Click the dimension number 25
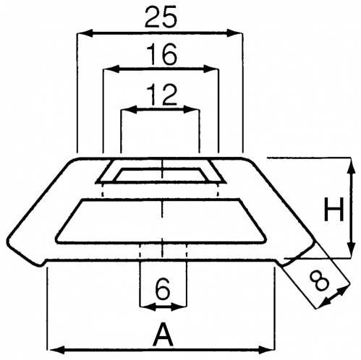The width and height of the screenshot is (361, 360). coord(161,17)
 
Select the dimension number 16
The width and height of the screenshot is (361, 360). coord(162,54)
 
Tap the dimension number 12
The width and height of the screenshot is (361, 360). coord(162,94)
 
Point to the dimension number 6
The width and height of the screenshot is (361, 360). coord(163,289)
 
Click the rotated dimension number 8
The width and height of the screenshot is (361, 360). coord(320,281)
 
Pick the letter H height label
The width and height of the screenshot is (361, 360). coord(334,209)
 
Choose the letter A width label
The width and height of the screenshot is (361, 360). coord(163,335)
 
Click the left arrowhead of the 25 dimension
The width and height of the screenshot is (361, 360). coord(85,33)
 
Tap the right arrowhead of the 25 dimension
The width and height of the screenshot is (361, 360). coord(234,33)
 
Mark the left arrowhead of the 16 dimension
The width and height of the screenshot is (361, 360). coord(111,69)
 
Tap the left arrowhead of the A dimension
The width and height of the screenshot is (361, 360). coord(56,349)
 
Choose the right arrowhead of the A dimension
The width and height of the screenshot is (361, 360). coord(266,349)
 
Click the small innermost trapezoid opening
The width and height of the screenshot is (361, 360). coord(161,175)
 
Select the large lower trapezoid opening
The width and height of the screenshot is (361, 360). coord(161,220)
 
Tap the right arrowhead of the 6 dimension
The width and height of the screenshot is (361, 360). coord(179,307)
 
